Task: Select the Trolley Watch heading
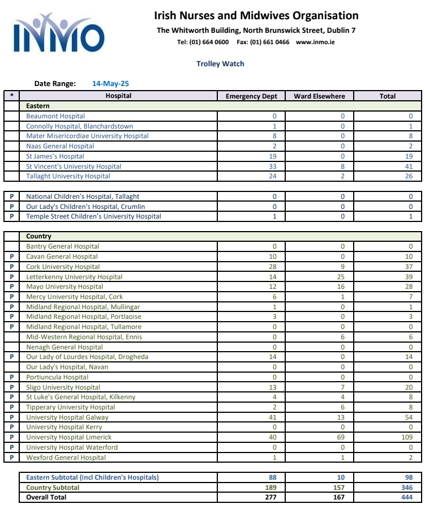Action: coord(220,64)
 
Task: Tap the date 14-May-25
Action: coord(110,84)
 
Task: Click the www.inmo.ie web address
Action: coord(315,42)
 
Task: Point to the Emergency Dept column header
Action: coord(251,96)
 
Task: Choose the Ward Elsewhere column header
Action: coord(319,96)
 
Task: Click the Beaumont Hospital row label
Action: coord(55,116)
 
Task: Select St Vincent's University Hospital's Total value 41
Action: coord(410,167)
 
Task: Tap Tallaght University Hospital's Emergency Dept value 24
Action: coord(274,176)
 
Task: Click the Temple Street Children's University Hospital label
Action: coord(93,216)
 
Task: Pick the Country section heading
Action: coord(38,236)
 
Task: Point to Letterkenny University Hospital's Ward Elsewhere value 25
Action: coord(342,277)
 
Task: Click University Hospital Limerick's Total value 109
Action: coord(408,437)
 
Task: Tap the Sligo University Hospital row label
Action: coord(63,387)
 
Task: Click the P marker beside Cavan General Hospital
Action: coord(11,257)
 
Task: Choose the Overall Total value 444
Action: coord(407,497)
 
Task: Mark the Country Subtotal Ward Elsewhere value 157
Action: coord(341,488)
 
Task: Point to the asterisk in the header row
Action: coord(11,96)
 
